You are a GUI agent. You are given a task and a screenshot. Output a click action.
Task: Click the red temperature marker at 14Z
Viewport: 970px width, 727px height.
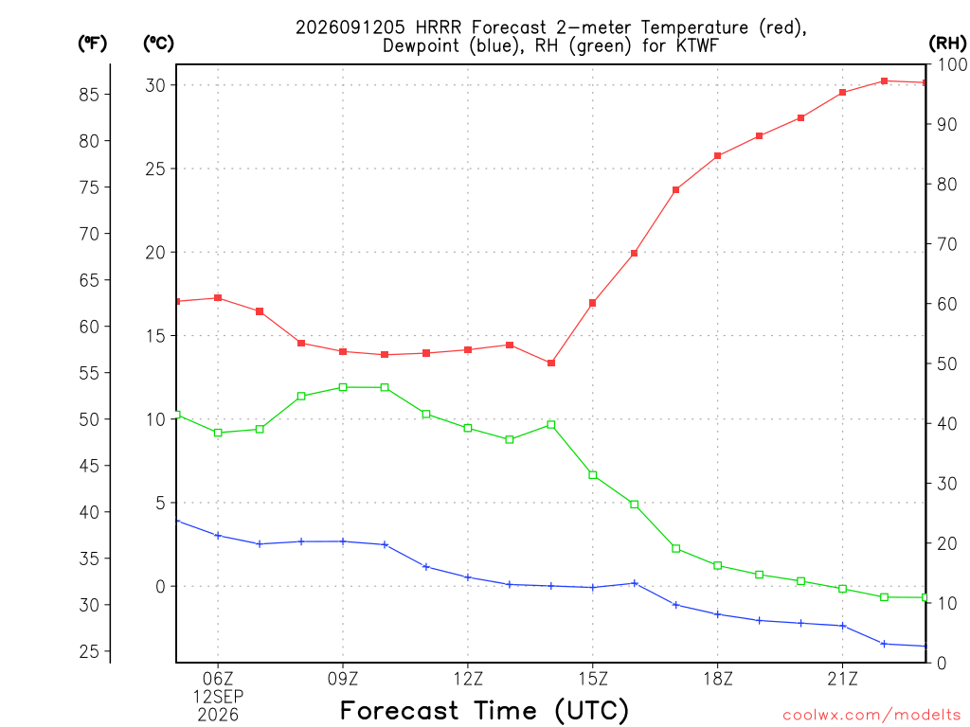click(x=551, y=363)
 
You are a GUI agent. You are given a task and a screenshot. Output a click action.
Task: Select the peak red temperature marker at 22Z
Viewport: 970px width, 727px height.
click(x=884, y=81)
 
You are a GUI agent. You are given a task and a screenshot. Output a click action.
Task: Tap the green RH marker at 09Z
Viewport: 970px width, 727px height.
click(x=343, y=387)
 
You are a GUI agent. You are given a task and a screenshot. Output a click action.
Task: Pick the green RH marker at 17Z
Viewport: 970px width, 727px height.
click(x=676, y=548)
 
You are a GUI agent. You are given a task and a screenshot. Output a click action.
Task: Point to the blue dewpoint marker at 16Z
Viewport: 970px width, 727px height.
click(x=634, y=583)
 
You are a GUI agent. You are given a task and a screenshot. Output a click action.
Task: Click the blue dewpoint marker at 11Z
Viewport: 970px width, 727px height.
click(x=425, y=566)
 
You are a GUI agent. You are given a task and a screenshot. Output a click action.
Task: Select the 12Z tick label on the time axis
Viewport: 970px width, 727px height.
click(x=468, y=679)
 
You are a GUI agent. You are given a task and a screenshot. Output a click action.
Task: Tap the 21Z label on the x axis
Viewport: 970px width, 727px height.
click(x=842, y=679)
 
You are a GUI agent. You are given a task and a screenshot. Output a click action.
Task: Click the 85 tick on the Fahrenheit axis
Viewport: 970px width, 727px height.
click(x=89, y=95)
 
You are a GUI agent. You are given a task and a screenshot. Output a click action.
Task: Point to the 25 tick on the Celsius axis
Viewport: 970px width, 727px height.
click(x=155, y=168)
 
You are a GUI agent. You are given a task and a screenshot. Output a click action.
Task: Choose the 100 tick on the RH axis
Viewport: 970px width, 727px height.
click(x=953, y=64)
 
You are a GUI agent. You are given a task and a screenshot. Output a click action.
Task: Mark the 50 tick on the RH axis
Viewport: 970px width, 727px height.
click(x=947, y=363)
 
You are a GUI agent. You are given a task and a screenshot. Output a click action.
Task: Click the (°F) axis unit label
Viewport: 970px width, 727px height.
click(x=92, y=44)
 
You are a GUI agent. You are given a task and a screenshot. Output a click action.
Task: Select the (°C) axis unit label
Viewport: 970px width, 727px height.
click(x=158, y=44)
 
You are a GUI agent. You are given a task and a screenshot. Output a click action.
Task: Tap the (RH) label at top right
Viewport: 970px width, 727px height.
click(x=947, y=44)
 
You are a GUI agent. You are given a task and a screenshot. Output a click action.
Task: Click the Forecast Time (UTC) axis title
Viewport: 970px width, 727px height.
click(x=484, y=710)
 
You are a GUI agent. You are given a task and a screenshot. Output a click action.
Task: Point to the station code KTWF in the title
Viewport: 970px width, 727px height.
click(x=696, y=45)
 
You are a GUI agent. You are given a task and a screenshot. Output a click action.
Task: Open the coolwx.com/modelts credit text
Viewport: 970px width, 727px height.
click(x=871, y=716)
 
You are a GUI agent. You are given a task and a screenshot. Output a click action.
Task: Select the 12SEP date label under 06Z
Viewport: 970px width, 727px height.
click(x=218, y=697)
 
